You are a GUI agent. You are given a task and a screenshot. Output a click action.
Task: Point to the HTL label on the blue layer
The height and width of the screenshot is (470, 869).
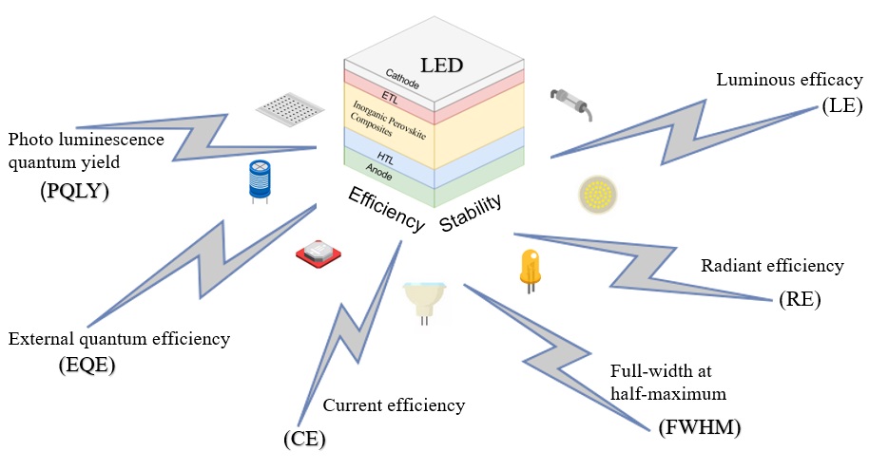click(385, 158)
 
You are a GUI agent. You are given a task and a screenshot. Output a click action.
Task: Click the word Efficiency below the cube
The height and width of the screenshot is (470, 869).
click(386, 209)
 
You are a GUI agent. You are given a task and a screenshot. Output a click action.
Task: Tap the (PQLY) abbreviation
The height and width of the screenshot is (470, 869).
click(75, 191)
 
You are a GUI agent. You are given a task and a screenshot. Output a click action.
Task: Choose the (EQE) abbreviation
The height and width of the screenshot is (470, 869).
click(87, 365)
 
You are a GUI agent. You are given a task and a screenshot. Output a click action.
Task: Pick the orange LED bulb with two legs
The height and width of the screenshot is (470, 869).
click(530, 268)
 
